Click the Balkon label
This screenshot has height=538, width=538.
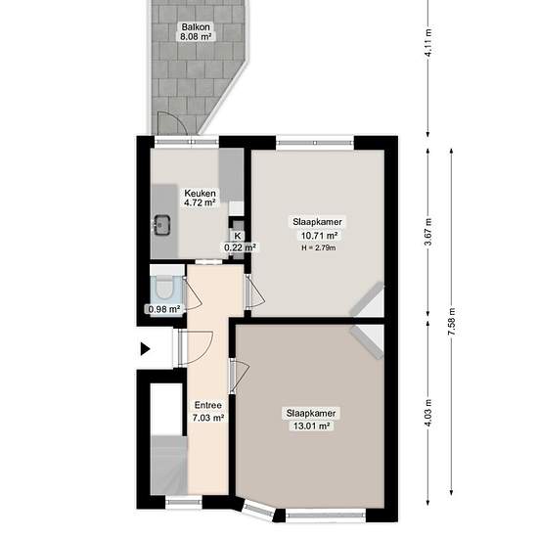point(196,26)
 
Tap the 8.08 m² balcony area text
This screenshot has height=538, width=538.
point(196,36)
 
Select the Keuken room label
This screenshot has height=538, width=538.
point(200,193)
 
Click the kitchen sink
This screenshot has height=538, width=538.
point(162,225)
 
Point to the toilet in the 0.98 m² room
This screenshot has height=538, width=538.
point(165,288)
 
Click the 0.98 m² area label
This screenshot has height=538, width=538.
point(164,309)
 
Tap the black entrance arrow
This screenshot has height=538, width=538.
point(146,349)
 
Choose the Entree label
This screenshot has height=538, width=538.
point(208,405)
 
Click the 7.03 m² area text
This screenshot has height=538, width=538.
point(208,418)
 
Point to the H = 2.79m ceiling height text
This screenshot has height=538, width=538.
point(319,247)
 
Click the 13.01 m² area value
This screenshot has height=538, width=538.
point(312,426)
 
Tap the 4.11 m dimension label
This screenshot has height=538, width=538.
point(427,42)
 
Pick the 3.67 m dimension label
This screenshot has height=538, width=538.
point(427,232)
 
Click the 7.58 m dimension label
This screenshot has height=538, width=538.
point(452,322)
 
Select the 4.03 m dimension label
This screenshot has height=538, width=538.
point(427,414)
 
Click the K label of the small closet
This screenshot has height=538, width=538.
point(238,236)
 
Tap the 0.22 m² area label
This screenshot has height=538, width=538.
point(241,247)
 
